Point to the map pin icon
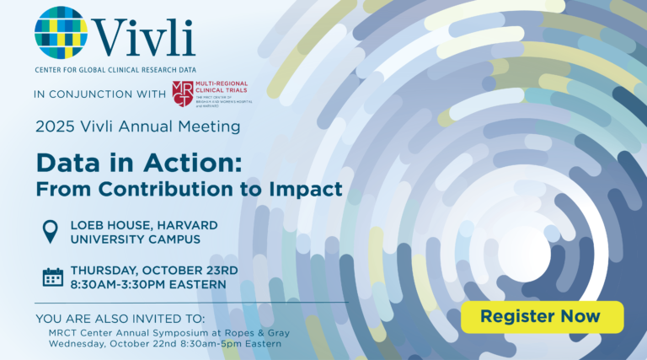[51, 231]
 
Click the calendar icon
[52, 277]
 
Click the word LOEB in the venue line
[90, 224]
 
